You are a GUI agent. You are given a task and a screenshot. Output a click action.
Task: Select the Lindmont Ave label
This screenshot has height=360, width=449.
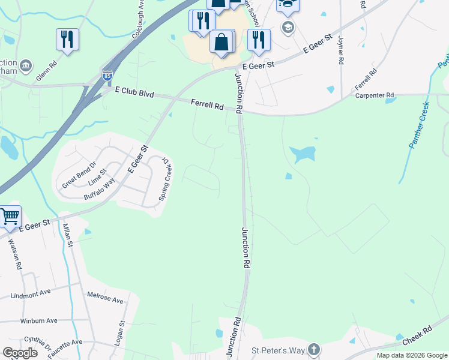(x=31, y=294)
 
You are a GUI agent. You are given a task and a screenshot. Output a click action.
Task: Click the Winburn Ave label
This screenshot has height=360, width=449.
(x=38, y=320)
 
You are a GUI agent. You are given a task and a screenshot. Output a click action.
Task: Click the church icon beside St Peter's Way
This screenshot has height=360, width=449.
(x=313, y=350)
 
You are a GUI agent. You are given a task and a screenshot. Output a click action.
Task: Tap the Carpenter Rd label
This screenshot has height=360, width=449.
(x=374, y=95)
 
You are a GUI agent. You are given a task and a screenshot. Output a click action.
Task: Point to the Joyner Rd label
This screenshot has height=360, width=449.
(x=340, y=50)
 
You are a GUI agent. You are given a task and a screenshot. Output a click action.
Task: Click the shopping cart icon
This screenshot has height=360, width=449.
(x=9, y=216)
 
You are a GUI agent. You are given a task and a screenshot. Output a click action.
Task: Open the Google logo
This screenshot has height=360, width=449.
(x=20, y=353)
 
